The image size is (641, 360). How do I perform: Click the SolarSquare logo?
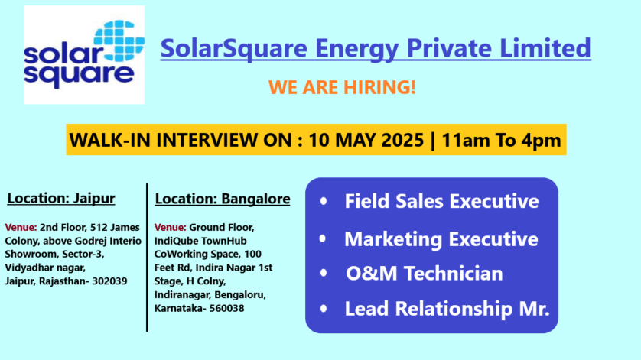click(84, 55)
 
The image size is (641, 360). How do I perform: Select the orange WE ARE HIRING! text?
click(342, 87)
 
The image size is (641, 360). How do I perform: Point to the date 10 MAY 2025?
click(366, 140)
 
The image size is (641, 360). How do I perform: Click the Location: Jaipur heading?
click(61, 199)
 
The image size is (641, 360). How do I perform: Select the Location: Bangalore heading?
click(223, 199)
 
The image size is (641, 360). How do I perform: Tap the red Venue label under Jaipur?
click(21, 227)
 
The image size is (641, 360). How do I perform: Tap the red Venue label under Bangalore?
click(170, 227)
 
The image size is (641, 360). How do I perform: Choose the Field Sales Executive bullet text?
click(441, 201)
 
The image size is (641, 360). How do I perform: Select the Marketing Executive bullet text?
click(441, 239)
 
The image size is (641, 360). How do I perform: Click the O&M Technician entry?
click(425, 274)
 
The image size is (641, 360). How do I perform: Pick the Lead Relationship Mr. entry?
click(447, 309)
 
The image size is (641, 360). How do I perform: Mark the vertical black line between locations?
click(147, 258)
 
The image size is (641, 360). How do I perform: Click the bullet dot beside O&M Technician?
click(324, 273)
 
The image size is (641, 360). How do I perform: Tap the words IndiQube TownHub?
click(200, 241)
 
